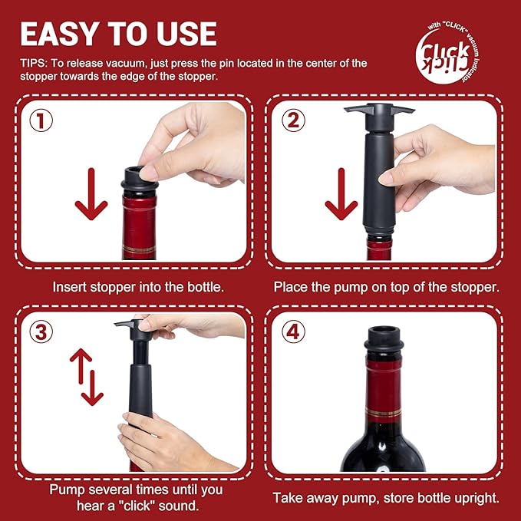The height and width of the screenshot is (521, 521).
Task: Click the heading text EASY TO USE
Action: click(x=118, y=34)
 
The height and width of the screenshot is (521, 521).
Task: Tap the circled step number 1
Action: click(x=41, y=121)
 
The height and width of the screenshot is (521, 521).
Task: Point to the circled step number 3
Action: click(x=41, y=331)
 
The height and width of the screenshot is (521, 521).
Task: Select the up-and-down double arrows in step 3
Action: click(x=87, y=376)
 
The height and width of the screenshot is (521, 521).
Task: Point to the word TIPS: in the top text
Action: click(x=35, y=63)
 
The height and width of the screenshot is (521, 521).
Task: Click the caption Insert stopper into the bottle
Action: click(x=139, y=287)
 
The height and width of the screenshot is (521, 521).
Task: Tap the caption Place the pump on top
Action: click(x=387, y=287)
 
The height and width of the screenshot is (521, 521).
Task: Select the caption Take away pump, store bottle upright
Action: click(x=386, y=498)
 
